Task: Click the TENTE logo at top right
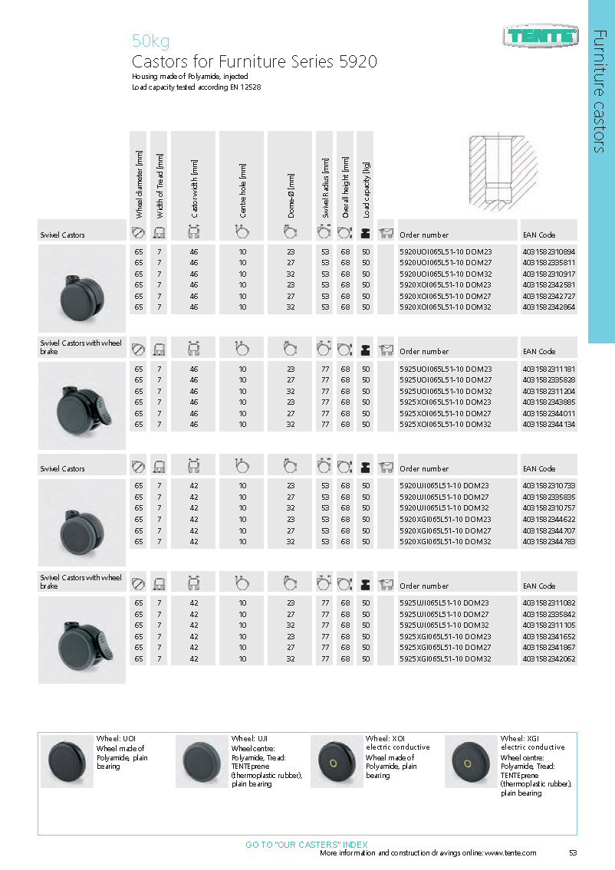tap(541, 34)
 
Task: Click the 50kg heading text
tap(151, 41)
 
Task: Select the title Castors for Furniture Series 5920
tap(255, 61)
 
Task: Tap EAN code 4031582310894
tap(548, 251)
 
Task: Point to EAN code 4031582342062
tap(548, 658)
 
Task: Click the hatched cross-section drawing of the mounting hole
tap(498, 171)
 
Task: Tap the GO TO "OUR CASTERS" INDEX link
tap(306, 844)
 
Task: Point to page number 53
tap(573, 852)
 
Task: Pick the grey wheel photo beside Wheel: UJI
tap(202, 760)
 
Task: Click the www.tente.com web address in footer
tap(510, 852)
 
